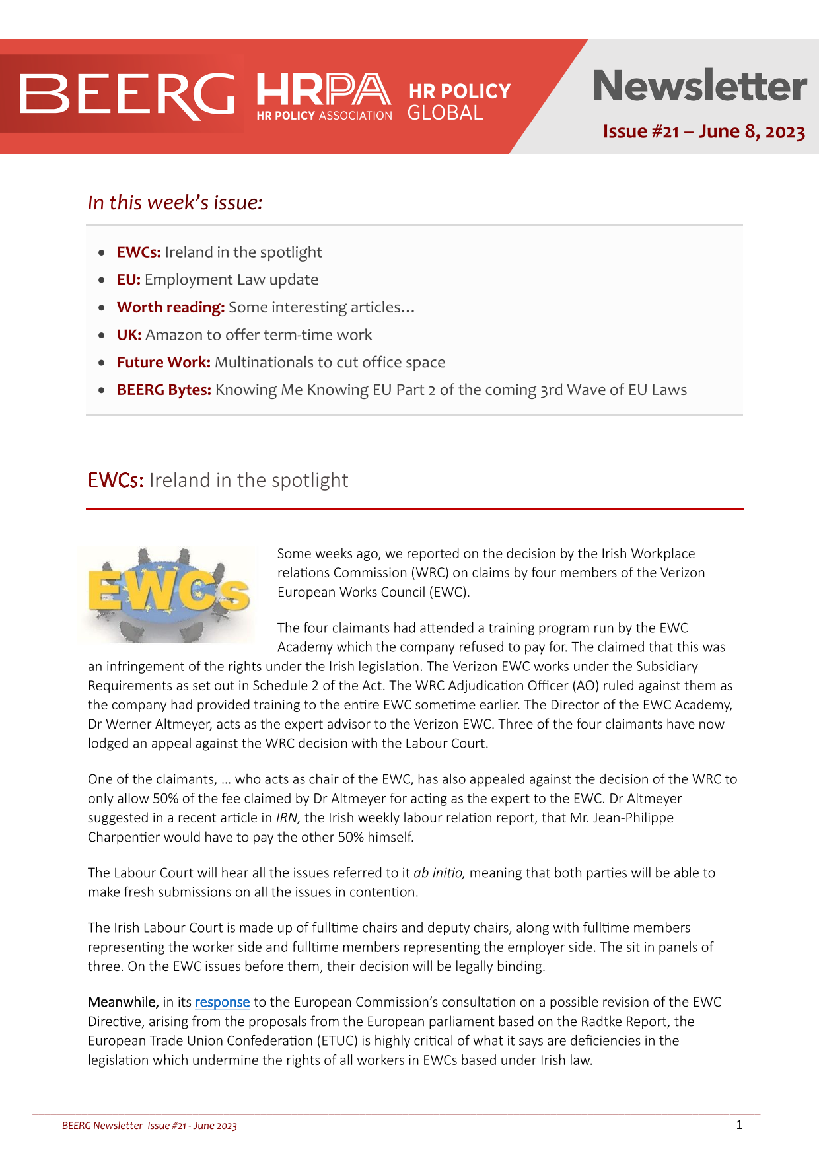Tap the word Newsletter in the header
tap(699, 86)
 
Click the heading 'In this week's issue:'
tap(175, 203)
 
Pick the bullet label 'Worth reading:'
tap(170, 307)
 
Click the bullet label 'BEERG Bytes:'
tap(164, 390)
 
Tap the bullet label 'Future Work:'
tap(163, 362)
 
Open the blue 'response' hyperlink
tap(222, 1002)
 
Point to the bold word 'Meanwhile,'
tap(123, 1002)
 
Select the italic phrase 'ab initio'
tap(439, 873)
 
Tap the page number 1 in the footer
tap(739, 1125)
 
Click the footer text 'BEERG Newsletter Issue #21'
tap(126, 1126)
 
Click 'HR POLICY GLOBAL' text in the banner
tap(459, 101)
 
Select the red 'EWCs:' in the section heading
tap(116, 480)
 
